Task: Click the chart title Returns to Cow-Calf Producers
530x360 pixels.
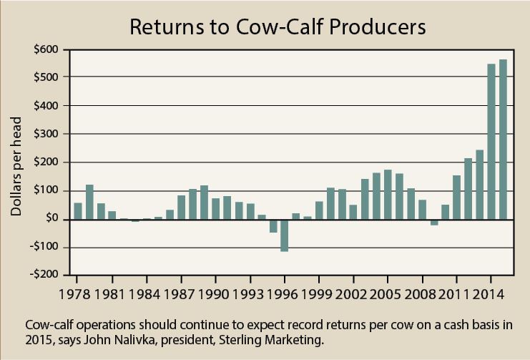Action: tap(277, 28)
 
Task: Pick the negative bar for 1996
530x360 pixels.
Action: tap(284, 235)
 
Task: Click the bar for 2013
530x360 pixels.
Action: tap(480, 184)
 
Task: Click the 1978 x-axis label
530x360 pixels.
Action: tap(77, 294)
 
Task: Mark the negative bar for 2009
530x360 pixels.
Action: tap(433, 223)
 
